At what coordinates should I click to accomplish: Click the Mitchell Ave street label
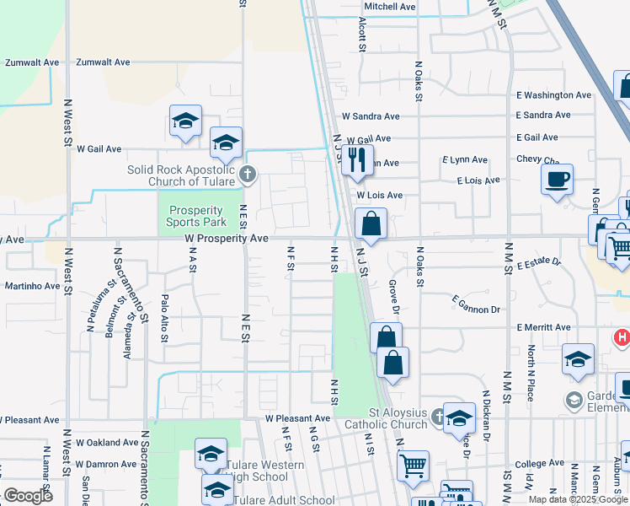coord(391,7)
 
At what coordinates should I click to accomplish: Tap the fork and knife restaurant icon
coord(357,159)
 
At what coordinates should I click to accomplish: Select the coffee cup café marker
coord(558,180)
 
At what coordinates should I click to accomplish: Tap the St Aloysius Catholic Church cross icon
coord(438,416)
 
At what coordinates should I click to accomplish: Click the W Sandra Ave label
coord(370,116)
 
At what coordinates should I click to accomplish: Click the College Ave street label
coord(539,464)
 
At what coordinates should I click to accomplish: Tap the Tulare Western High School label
coord(269,471)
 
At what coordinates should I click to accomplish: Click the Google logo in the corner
coord(28,496)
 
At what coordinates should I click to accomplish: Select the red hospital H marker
coord(622,337)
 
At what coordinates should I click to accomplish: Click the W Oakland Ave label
coord(106,442)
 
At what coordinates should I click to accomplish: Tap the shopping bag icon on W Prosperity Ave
coord(371,224)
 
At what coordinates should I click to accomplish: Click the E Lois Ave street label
coord(478,180)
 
